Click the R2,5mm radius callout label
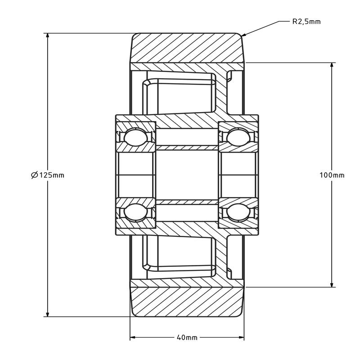(306, 21)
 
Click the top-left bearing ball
(133, 137)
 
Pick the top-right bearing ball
(237, 137)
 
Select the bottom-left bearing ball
(133, 213)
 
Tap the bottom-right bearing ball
(237, 213)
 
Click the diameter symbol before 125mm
(35, 175)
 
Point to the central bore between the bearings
(187, 175)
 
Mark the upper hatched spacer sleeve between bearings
(187, 147)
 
